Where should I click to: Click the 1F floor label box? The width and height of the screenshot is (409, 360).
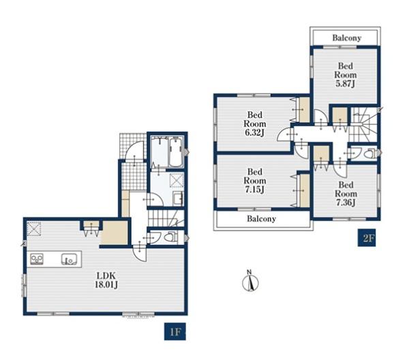click(175, 331)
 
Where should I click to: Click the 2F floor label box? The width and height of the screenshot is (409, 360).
click(367, 238)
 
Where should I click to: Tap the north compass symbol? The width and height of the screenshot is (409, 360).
click(250, 281)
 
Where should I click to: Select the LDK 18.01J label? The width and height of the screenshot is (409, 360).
click(106, 280)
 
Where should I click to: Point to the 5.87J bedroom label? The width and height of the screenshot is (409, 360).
click(346, 74)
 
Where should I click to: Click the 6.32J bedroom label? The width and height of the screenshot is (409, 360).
click(254, 123)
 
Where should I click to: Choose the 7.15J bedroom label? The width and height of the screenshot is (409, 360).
click(254, 181)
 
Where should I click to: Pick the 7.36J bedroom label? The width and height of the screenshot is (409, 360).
click(346, 194)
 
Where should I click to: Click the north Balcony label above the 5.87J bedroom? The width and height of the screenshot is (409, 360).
click(347, 38)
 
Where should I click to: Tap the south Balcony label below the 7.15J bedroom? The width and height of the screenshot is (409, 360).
click(261, 219)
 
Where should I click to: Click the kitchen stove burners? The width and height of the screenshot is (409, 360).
click(37, 259)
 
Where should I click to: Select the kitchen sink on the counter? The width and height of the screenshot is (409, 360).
click(70, 259)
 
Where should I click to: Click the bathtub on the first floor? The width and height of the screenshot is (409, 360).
click(176, 152)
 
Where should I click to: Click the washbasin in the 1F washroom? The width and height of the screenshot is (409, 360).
click(178, 198)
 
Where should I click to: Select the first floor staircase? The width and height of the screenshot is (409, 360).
click(166, 219)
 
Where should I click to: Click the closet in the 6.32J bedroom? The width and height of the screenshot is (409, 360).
click(304, 110)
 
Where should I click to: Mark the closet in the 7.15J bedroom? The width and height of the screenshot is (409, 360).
click(305, 190)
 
